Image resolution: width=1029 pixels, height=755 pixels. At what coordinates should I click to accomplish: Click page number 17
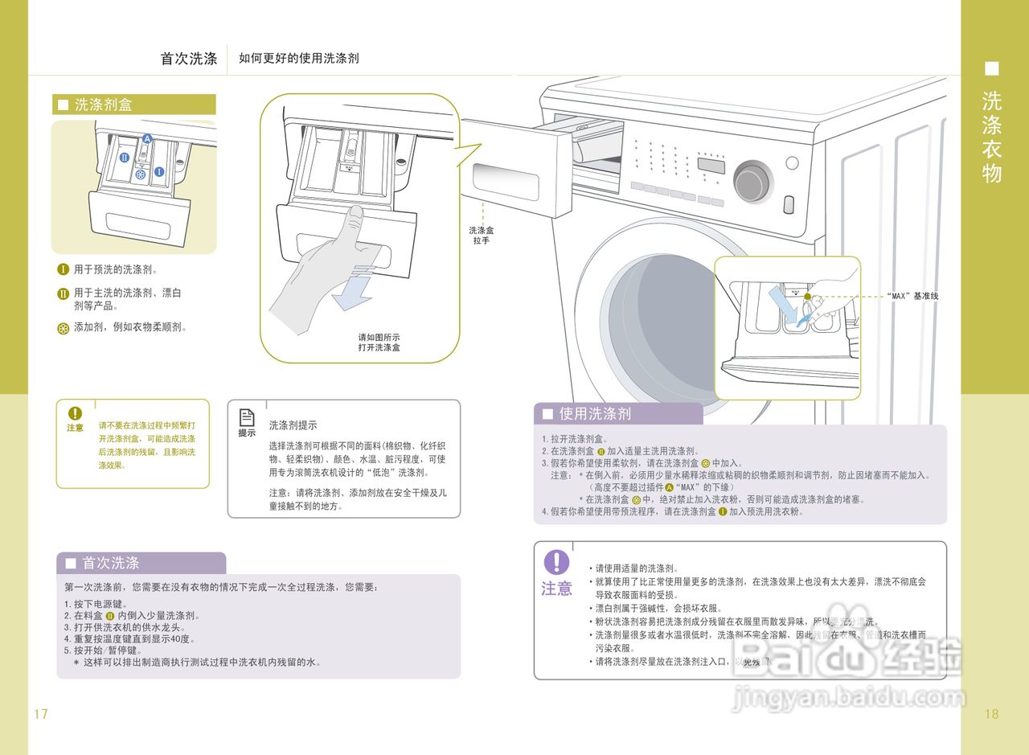click(42, 714)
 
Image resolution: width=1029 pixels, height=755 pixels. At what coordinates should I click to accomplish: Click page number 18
click(991, 714)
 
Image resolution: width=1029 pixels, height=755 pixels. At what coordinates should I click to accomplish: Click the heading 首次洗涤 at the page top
click(189, 59)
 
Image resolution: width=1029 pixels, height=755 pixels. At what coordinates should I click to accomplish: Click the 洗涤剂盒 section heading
click(103, 105)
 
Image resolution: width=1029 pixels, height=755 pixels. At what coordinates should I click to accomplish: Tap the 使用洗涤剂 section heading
click(595, 414)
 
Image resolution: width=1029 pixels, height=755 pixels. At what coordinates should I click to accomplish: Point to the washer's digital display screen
click(711, 166)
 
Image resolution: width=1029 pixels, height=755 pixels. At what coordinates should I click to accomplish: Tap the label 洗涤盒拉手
click(482, 236)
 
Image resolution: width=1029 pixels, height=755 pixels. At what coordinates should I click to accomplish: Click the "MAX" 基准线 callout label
click(912, 296)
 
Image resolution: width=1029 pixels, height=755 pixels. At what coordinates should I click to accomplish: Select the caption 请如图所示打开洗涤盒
click(379, 343)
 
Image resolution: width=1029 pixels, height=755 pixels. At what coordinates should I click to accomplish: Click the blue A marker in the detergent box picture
click(147, 139)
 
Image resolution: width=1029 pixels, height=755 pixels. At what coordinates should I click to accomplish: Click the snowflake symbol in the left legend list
click(64, 328)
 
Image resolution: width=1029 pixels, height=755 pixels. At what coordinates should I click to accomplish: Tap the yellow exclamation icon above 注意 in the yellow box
click(75, 413)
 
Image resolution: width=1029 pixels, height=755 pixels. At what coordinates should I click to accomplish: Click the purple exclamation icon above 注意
click(556, 562)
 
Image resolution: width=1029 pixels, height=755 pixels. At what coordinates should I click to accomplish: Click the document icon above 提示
click(247, 417)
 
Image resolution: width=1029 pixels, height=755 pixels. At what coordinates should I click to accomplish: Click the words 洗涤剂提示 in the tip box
click(293, 425)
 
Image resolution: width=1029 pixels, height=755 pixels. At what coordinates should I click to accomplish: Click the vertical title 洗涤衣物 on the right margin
click(992, 137)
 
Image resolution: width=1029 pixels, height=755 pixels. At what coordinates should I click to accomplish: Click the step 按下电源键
click(100, 604)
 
